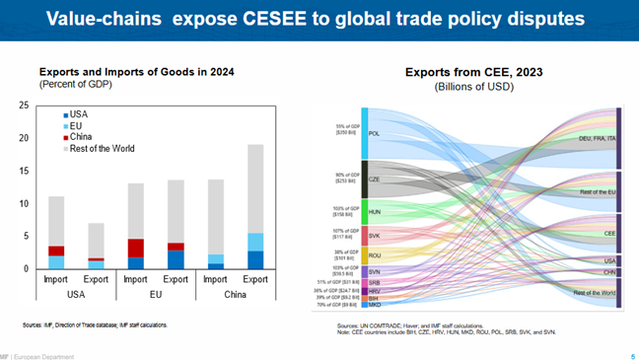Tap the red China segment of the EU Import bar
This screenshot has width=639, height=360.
[x=137, y=248]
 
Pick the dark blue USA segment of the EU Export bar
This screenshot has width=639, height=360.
[x=177, y=259]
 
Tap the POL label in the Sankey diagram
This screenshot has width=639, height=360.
[x=374, y=133]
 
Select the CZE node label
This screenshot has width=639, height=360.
[x=374, y=180]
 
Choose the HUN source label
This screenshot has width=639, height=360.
[x=374, y=211]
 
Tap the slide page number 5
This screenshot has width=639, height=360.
[x=632, y=355]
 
